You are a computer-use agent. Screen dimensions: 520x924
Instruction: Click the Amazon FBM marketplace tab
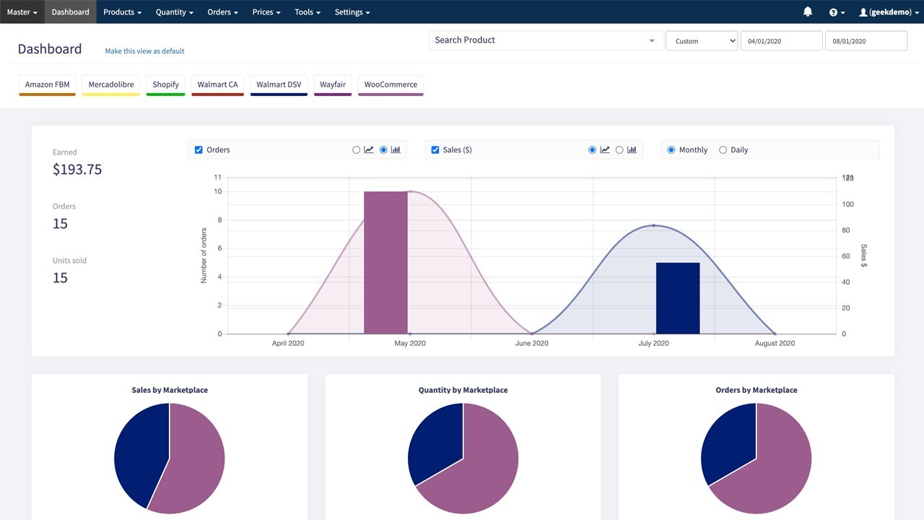(47, 84)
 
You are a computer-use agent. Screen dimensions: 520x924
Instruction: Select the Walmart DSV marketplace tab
(279, 84)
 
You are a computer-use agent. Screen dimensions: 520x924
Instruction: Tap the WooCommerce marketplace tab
(391, 84)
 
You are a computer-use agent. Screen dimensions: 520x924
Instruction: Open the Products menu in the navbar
(122, 12)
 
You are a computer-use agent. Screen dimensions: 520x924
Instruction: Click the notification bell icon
(808, 12)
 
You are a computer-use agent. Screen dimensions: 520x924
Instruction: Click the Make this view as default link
(144, 51)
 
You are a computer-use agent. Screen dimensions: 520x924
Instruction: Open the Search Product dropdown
(546, 40)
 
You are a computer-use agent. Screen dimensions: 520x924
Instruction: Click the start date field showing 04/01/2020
(781, 41)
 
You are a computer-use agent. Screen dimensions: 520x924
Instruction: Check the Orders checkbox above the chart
(199, 150)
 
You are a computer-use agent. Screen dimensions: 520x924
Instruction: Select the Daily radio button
(723, 150)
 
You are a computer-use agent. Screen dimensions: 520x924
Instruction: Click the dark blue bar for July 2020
(677, 298)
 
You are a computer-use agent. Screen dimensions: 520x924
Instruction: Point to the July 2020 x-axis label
(653, 343)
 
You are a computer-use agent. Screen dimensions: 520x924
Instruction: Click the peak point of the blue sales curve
(654, 225)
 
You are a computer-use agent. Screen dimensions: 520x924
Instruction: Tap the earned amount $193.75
(77, 170)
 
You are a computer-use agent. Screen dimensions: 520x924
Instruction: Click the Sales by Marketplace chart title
(170, 390)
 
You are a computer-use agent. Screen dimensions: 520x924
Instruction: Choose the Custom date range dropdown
(701, 41)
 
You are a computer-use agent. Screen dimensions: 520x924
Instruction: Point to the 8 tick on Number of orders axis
(218, 220)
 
